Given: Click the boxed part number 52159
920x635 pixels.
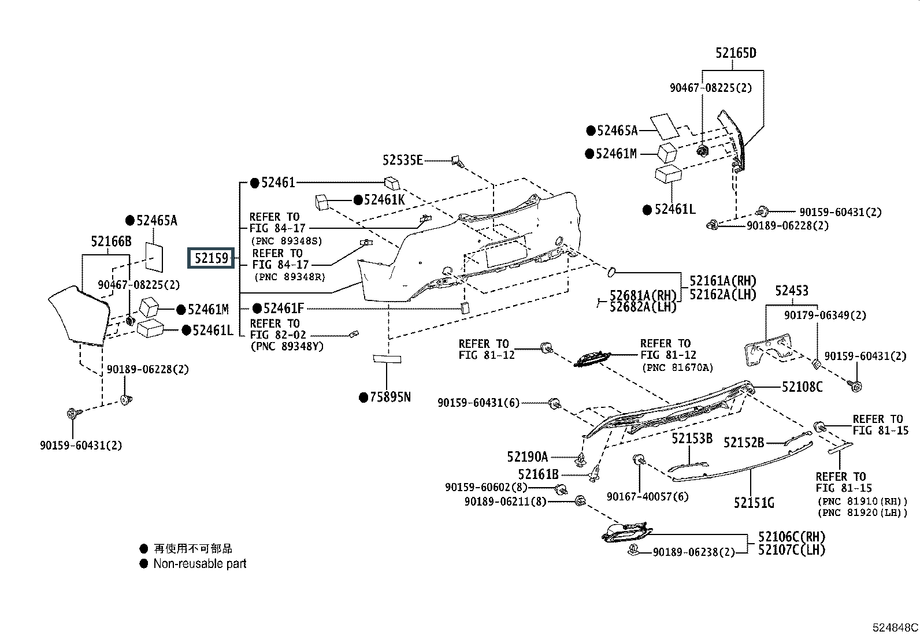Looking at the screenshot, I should pos(212,258).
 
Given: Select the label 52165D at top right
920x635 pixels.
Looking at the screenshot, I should pos(736,53).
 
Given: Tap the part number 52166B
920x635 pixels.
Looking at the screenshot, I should pos(111,241).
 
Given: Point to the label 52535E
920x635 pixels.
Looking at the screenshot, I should pos(402,160).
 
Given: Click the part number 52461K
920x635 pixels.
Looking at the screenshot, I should pos(385,200).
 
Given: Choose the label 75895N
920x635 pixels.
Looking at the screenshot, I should pos(390,397).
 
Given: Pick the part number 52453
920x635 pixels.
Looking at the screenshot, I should pos(792,291).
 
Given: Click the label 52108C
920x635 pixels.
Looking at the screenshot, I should pos(802,387).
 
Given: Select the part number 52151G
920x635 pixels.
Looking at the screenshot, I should pos(754,503).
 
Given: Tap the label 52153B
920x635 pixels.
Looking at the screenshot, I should pos(692,439).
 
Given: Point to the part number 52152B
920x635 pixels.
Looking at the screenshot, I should pos(744,443).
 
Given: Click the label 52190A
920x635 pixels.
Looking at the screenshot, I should pos(527,457).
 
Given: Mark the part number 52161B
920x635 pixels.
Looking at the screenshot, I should pos(538,475).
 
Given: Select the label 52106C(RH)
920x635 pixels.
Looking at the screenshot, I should pos(791,537).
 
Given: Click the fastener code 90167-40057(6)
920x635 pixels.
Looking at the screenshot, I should pos(647,497).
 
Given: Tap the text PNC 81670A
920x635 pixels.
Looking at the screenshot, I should pos(677,367).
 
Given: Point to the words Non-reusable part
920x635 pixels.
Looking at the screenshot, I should pos(199,564).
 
